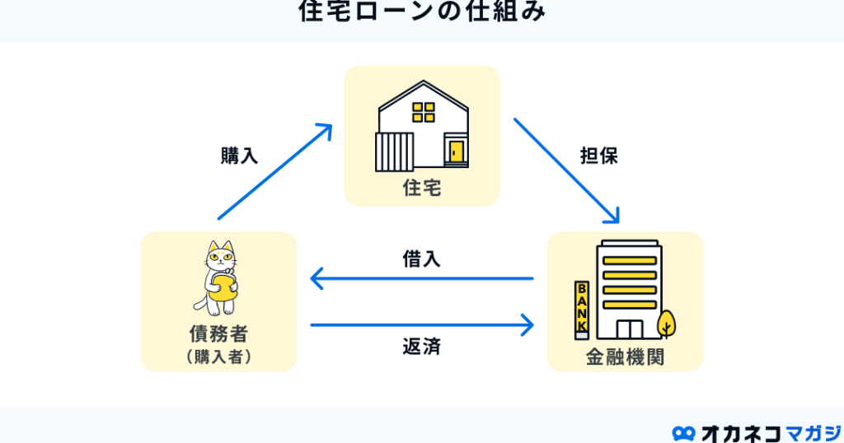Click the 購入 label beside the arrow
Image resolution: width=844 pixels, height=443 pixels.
[240, 156]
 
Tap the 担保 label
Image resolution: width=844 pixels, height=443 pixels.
[599, 156]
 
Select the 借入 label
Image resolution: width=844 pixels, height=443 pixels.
[422, 259]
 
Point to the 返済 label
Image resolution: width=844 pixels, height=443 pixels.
[422, 347]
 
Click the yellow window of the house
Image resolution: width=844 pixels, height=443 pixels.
[424, 112]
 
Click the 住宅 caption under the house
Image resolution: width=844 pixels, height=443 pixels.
[422, 189]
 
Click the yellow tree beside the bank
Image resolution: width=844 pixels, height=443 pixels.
[666, 324]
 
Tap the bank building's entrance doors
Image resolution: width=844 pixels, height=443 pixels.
[630, 329]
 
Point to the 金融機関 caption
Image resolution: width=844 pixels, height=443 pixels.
[625, 357]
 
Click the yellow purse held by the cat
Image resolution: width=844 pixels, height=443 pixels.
[223, 287]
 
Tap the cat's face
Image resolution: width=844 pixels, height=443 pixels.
[221, 259]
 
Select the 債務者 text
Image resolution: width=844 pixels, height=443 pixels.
[218, 333]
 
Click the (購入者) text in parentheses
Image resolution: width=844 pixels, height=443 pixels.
[218, 357]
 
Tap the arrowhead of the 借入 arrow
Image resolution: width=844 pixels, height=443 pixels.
[317, 278]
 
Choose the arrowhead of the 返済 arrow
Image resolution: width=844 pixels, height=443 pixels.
[527, 324]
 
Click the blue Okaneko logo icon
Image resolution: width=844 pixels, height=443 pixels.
[683, 433]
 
